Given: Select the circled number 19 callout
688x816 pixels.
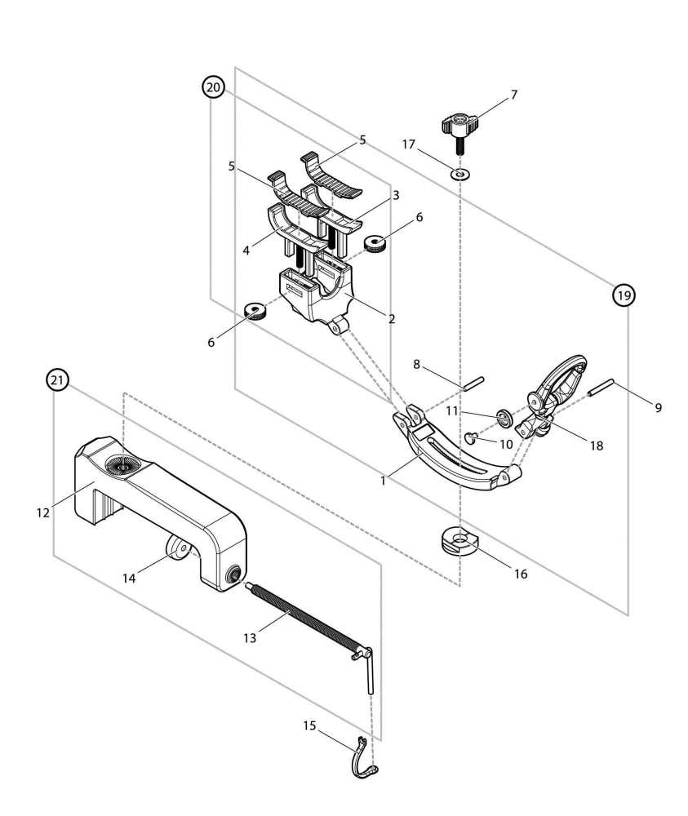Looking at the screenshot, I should [x=624, y=295].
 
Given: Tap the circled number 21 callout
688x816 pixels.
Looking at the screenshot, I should [x=56, y=380].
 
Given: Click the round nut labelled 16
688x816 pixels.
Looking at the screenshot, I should [x=459, y=542].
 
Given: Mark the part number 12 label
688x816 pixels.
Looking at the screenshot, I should [x=42, y=513].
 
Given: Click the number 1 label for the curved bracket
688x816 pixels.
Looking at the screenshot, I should [x=382, y=482].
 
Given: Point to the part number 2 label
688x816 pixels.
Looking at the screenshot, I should [x=392, y=319].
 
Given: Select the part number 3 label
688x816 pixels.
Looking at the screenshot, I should [x=395, y=196].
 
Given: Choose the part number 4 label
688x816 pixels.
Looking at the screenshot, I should [x=246, y=251].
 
